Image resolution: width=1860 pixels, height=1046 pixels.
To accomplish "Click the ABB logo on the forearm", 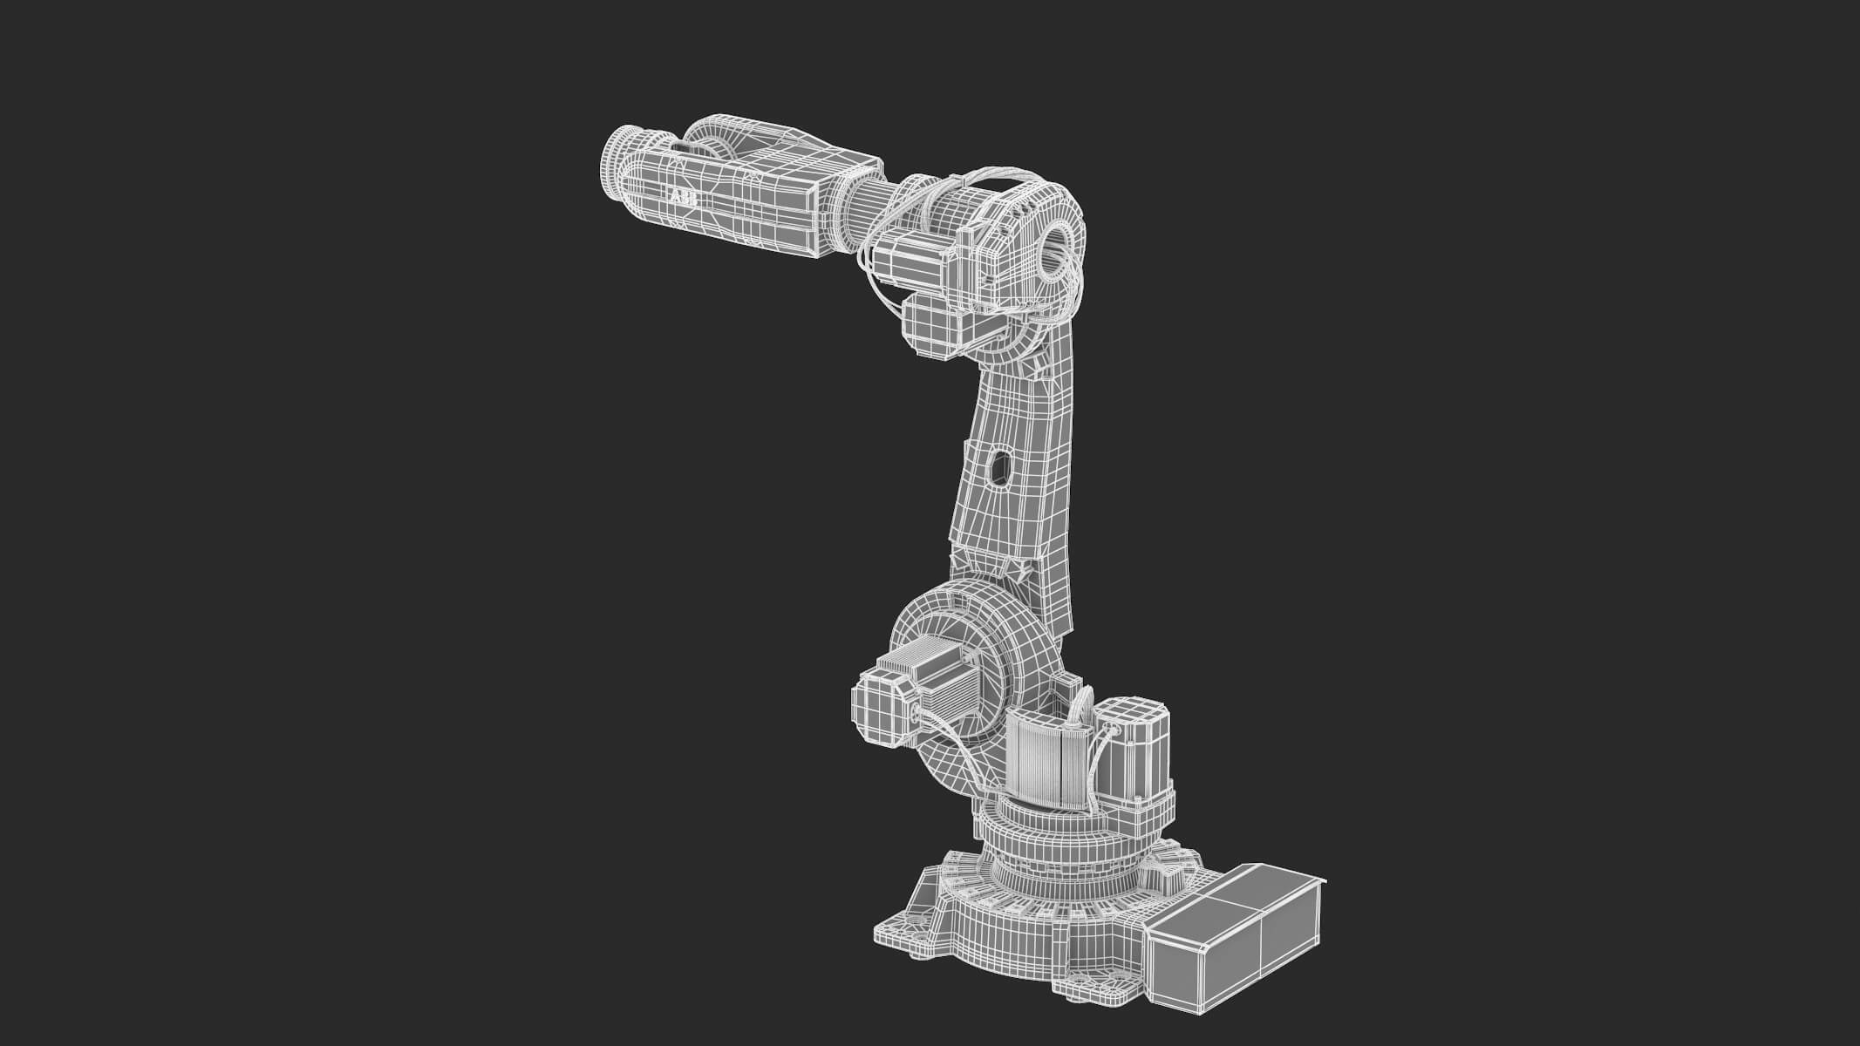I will [x=683, y=199].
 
